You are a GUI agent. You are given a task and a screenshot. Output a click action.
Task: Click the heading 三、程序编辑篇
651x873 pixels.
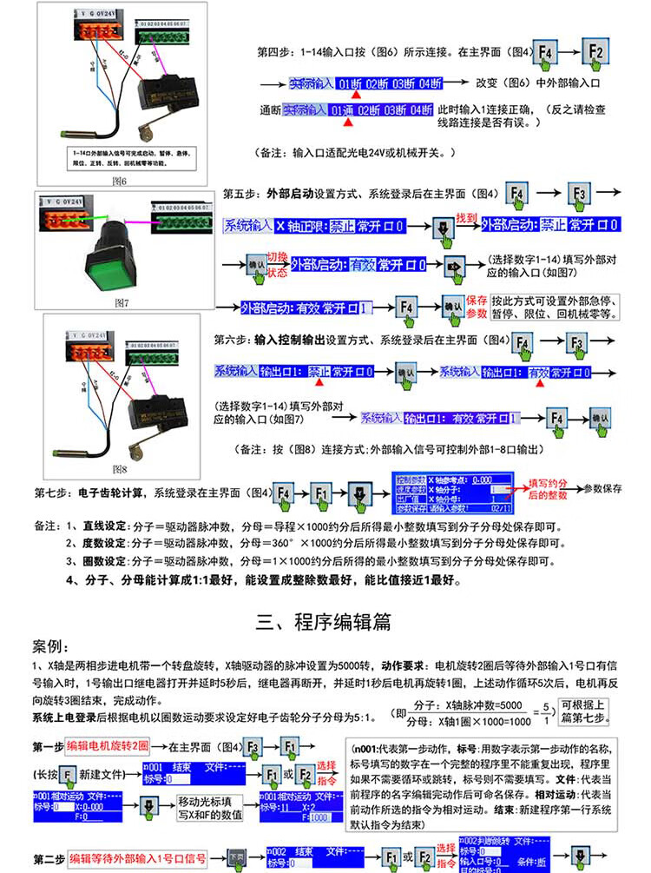(x=324, y=621)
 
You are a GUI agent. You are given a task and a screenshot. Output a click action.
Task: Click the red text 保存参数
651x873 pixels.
(x=477, y=306)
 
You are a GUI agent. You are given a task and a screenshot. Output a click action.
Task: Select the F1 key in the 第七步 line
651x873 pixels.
(x=321, y=493)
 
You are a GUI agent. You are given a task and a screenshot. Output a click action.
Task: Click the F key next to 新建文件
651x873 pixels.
(x=68, y=774)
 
